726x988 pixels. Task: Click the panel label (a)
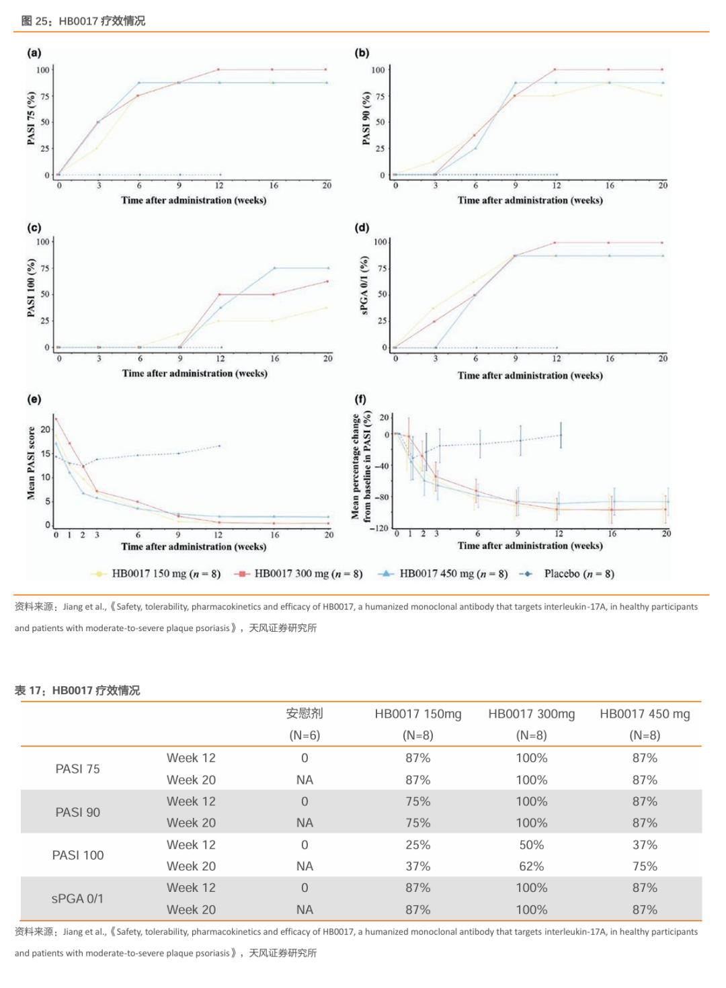point(34,52)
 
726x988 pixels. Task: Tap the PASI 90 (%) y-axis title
point(366,118)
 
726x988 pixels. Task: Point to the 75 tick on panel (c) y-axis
point(44,268)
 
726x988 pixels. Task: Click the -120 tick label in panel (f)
point(379,528)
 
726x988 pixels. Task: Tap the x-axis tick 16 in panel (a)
point(274,186)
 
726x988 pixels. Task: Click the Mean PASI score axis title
point(31,464)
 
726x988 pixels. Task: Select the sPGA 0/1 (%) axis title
point(364,286)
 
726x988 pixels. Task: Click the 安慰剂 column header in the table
point(305,714)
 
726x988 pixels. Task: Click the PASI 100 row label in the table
point(78,856)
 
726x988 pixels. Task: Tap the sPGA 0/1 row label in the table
point(78,899)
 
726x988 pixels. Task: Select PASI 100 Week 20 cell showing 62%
point(531,866)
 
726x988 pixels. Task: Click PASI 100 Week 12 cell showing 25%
point(417,845)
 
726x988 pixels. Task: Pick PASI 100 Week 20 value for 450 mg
point(644,866)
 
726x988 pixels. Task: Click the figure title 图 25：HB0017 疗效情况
point(83,21)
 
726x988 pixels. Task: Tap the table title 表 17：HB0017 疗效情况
point(77,690)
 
